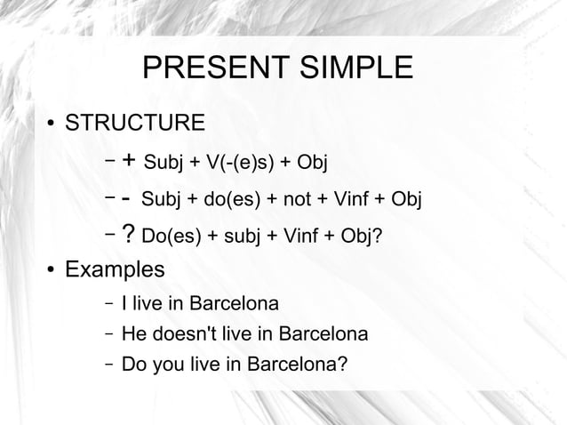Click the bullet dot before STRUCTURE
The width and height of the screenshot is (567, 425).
[52, 123]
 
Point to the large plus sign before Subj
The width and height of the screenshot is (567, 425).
[129, 161]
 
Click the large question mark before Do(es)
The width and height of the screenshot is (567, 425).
[129, 233]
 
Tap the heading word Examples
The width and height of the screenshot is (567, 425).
[115, 269]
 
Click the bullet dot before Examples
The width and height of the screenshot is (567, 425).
[52, 270]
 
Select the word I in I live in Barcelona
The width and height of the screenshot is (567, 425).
[124, 303]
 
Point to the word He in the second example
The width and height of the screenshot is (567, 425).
[133, 334]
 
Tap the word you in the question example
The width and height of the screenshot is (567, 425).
[168, 365]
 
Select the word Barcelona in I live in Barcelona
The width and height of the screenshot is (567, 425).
[234, 303]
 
